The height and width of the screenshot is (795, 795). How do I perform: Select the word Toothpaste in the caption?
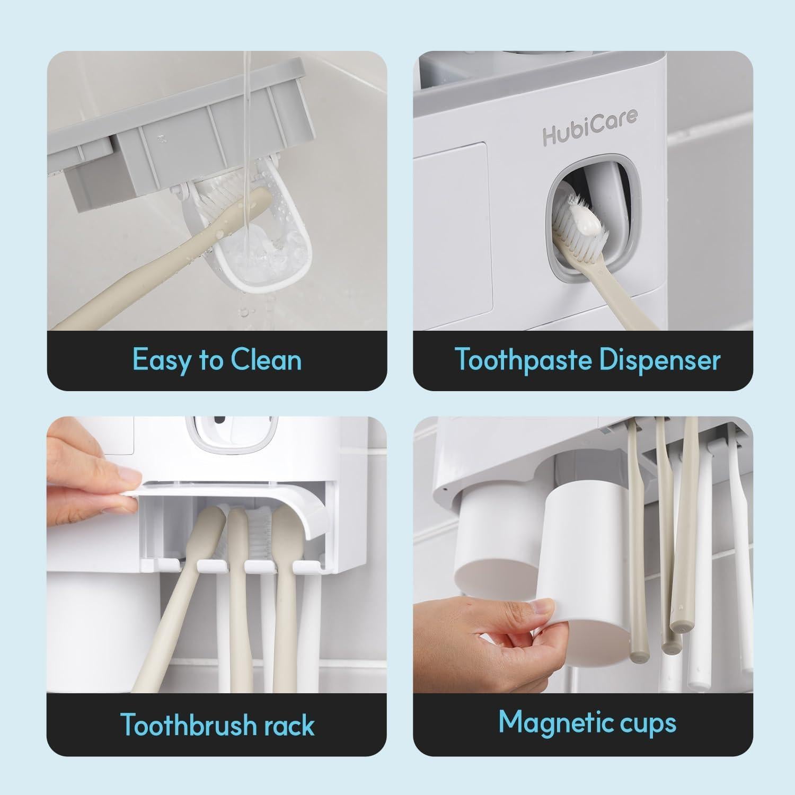[523, 360]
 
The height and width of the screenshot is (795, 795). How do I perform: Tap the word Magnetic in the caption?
[554, 722]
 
